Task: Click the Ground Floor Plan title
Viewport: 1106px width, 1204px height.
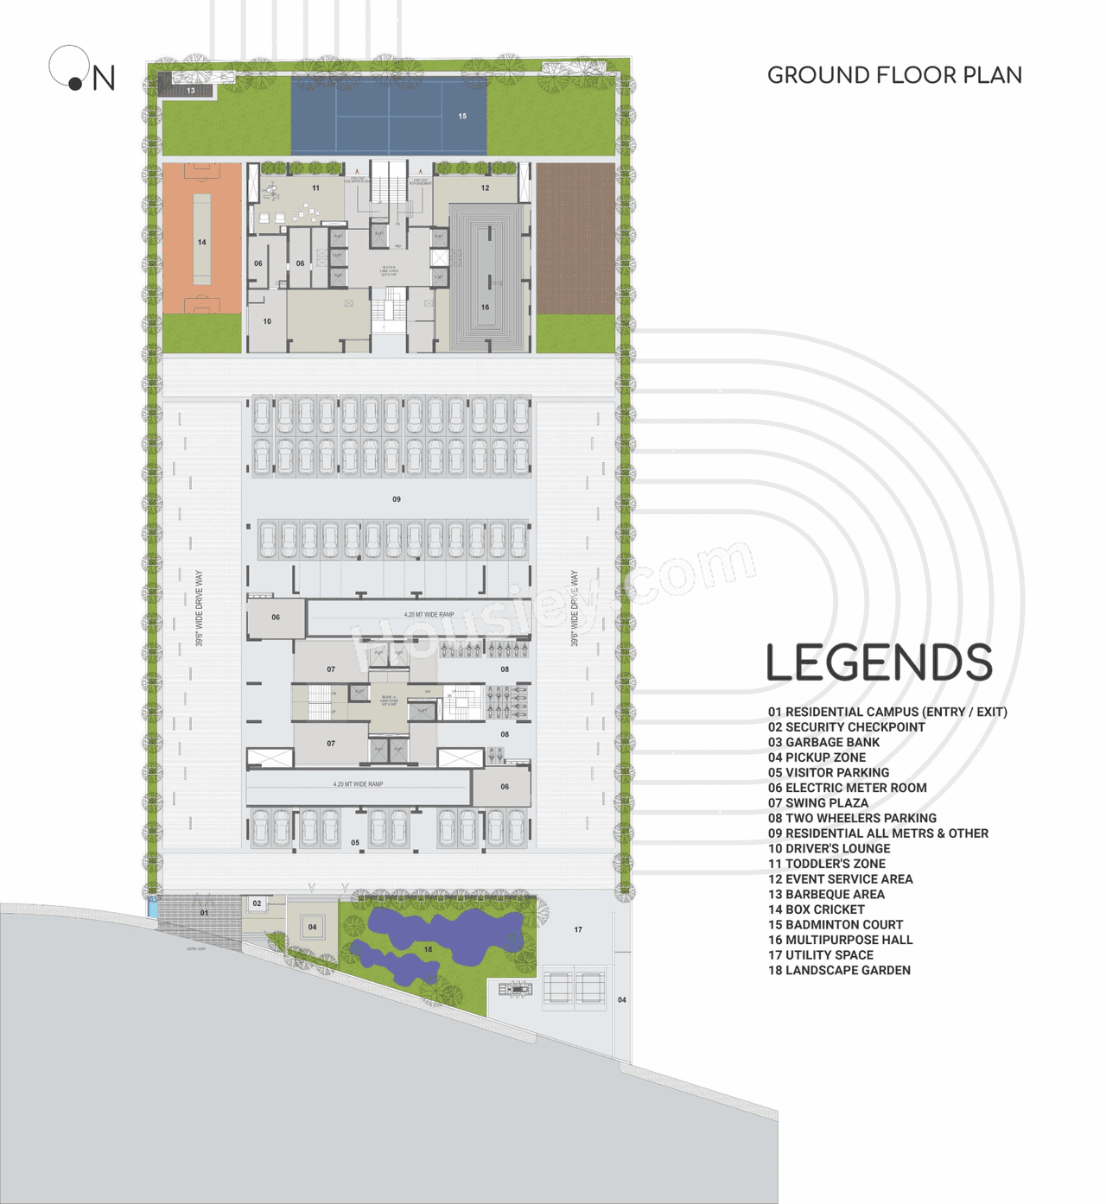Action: [894, 76]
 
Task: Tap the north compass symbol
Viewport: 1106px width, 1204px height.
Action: [81, 71]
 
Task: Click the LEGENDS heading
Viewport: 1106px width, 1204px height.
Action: [879, 663]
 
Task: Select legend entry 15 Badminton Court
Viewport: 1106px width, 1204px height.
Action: [836, 925]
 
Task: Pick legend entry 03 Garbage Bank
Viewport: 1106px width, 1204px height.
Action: [823, 743]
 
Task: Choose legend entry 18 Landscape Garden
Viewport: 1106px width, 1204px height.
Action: [839, 971]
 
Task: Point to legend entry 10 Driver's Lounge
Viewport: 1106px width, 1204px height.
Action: [829, 849]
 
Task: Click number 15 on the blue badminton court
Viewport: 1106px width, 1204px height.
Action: [462, 117]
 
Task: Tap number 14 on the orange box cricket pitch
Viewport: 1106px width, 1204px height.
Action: [202, 243]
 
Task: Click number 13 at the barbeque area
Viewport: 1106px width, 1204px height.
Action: [191, 91]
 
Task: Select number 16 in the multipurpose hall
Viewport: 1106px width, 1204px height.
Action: [485, 307]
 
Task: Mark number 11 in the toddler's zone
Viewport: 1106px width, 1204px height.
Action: [315, 188]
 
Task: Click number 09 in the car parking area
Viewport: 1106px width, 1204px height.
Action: [397, 499]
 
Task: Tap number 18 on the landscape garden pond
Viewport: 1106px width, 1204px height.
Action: [428, 949]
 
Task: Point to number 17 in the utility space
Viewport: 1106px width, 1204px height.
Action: [578, 930]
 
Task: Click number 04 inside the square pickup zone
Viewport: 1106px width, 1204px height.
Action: [312, 928]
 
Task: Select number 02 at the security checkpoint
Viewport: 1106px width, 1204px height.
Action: [257, 903]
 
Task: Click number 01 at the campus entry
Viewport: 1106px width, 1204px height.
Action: [204, 913]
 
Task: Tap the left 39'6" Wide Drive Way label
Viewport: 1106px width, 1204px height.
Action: [200, 608]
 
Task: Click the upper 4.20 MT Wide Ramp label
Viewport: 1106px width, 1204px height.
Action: [429, 615]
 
